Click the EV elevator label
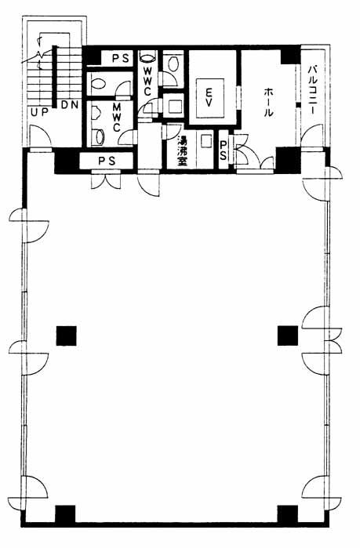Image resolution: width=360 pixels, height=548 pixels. coord(209,98)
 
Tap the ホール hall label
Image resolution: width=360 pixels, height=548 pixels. coord(268,102)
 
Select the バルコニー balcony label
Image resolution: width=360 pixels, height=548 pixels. coord(312,90)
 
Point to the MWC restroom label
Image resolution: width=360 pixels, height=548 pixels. coord(116,117)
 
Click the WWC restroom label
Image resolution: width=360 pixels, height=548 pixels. coord(147,81)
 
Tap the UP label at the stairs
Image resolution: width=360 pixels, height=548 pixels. coord(38,113)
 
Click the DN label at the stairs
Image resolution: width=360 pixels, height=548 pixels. coord(70,104)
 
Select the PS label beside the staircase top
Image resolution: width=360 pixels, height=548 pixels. coord(121,58)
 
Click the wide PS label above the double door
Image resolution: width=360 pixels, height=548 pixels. coord(107,161)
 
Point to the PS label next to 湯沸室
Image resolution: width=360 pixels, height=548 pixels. coord(224,151)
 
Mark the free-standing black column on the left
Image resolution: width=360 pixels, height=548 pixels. coord(67,336)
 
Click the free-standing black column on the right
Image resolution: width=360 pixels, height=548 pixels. coord(288,336)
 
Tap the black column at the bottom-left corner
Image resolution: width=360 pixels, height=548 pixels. coord(65,514)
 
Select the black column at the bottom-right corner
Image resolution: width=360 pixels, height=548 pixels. coord(288,514)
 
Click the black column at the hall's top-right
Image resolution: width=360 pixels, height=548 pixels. coord(290,55)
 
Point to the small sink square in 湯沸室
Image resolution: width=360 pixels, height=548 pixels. coord(206,142)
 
